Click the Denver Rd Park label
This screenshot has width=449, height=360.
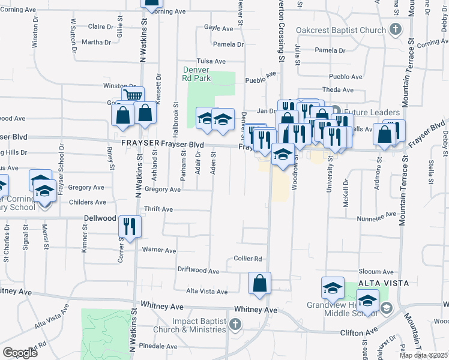coord(196,74)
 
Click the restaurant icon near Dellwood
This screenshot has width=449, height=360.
coord(130,226)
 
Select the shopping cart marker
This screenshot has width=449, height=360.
coord(133,96)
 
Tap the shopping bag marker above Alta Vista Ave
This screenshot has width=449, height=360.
coord(259,284)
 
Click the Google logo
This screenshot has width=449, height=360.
coord(20,353)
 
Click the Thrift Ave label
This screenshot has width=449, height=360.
coord(158,209)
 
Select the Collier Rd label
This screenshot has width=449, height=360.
coord(248,259)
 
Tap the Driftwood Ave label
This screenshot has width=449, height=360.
coord(199,271)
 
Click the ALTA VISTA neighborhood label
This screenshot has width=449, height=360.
coord(375,283)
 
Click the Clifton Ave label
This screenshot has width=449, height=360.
coord(363,332)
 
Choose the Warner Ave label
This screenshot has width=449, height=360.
coord(158,250)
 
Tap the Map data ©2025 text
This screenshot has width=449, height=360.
coord(424,355)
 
